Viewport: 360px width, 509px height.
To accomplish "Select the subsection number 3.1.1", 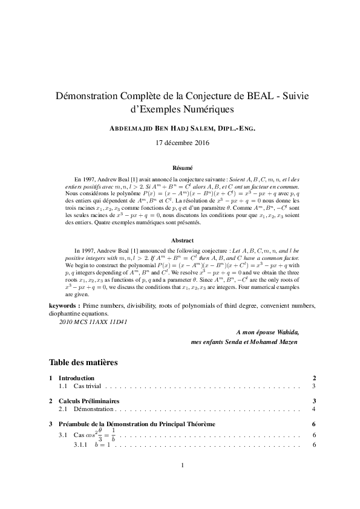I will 80,446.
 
